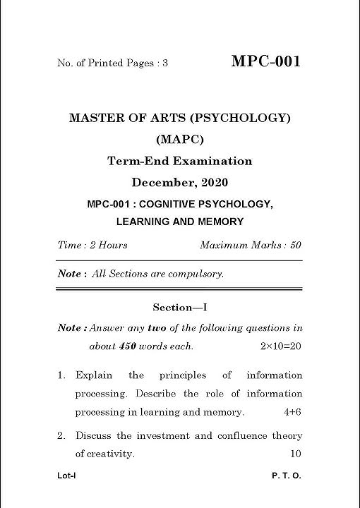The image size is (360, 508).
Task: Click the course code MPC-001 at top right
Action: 265,61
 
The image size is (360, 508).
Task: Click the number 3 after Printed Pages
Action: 165,64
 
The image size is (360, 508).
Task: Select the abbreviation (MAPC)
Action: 179,139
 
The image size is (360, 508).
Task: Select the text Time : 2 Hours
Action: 92,246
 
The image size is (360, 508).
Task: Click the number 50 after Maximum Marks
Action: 295,246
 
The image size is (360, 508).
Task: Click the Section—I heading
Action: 179,308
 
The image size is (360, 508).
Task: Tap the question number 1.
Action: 61,375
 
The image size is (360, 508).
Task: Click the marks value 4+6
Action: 293,412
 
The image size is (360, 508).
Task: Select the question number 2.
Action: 61,436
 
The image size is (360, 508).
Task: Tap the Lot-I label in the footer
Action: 66,476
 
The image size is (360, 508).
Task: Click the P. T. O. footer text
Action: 286,476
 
